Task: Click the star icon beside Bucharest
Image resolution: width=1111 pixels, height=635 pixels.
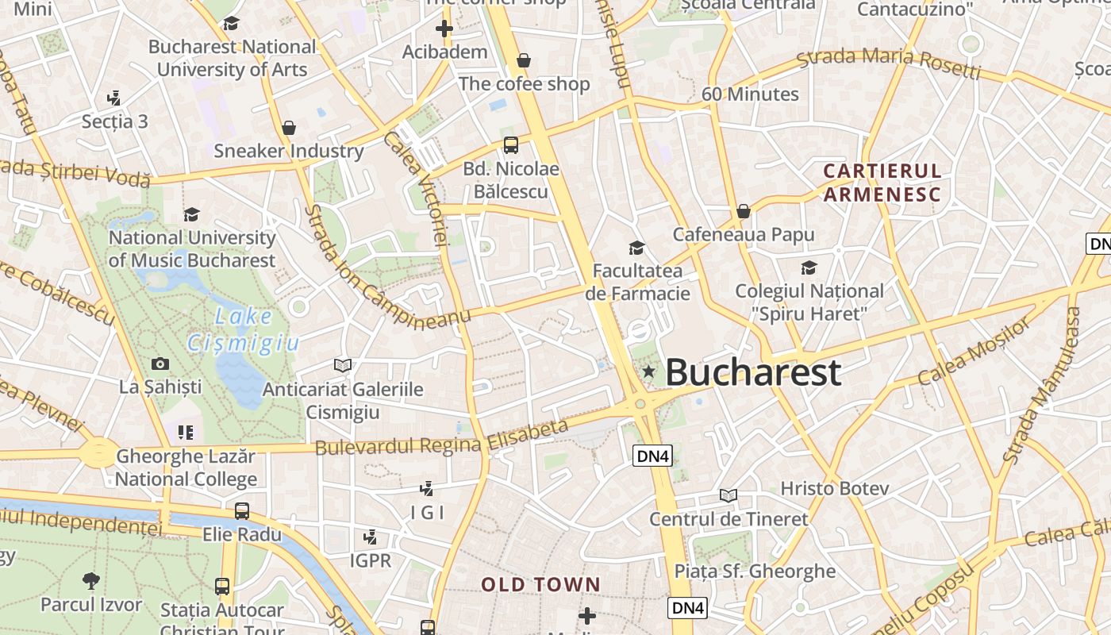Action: click(649, 371)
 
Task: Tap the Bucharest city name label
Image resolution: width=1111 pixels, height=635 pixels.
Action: click(752, 372)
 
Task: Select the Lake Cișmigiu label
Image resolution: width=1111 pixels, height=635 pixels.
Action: click(244, 329)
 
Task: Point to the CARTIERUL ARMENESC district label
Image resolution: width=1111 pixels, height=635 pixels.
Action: click(882, 183)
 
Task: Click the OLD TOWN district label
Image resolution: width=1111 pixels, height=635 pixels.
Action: click(540, 585)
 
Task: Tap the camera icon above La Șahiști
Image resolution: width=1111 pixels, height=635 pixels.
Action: click(160, 364)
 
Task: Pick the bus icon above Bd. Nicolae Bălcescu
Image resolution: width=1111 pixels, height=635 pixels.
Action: click(511, 145)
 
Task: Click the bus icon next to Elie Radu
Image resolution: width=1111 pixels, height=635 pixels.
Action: click(242, 511)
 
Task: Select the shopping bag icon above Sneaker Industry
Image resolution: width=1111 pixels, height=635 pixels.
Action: click(289, 128)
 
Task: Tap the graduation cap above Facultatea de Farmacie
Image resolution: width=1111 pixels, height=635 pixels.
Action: click(636, 248)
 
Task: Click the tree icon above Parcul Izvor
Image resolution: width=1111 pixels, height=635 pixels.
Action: click(91, 580)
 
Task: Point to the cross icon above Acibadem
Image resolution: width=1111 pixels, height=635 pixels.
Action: click(444, 29)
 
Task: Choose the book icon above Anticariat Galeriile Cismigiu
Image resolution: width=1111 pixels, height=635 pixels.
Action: click(343, 365)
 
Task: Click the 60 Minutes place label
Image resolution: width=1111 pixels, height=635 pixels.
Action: click(750, 94)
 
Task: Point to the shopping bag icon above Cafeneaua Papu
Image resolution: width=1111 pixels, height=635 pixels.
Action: click(744, 211)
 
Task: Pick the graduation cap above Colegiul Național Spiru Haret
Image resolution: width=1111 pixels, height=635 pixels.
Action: click(809, 268)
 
